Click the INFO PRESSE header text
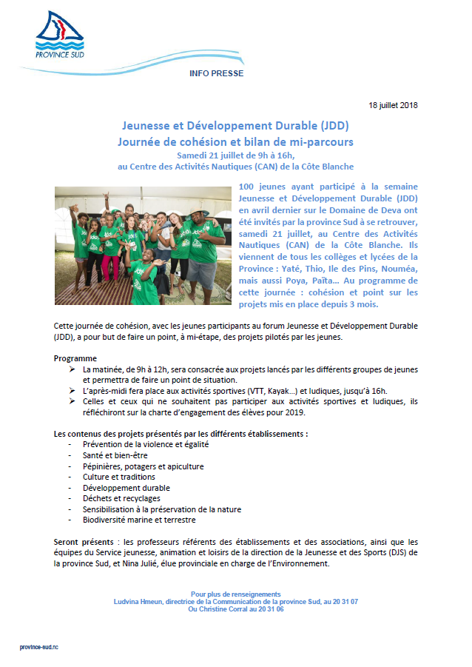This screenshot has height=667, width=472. (x=216, y=74)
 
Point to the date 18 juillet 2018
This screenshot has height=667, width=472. (x=394, y=105)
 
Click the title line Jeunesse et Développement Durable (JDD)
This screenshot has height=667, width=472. (x=235, y=126)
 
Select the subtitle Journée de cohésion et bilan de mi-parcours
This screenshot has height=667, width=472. (x=235, y=141)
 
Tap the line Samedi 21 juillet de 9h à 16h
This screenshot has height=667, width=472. (x=235, y=155)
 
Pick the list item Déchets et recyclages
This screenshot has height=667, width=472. (x=122, y=499)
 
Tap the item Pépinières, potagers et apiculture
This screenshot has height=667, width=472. (x=143, y=466)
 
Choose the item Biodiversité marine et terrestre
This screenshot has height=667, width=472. (x=141, y=520)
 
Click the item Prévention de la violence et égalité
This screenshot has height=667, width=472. (x=146, y=444)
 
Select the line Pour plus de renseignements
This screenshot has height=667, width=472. (x=235, y=594)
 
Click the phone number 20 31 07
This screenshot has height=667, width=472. (x=345, y=601)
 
